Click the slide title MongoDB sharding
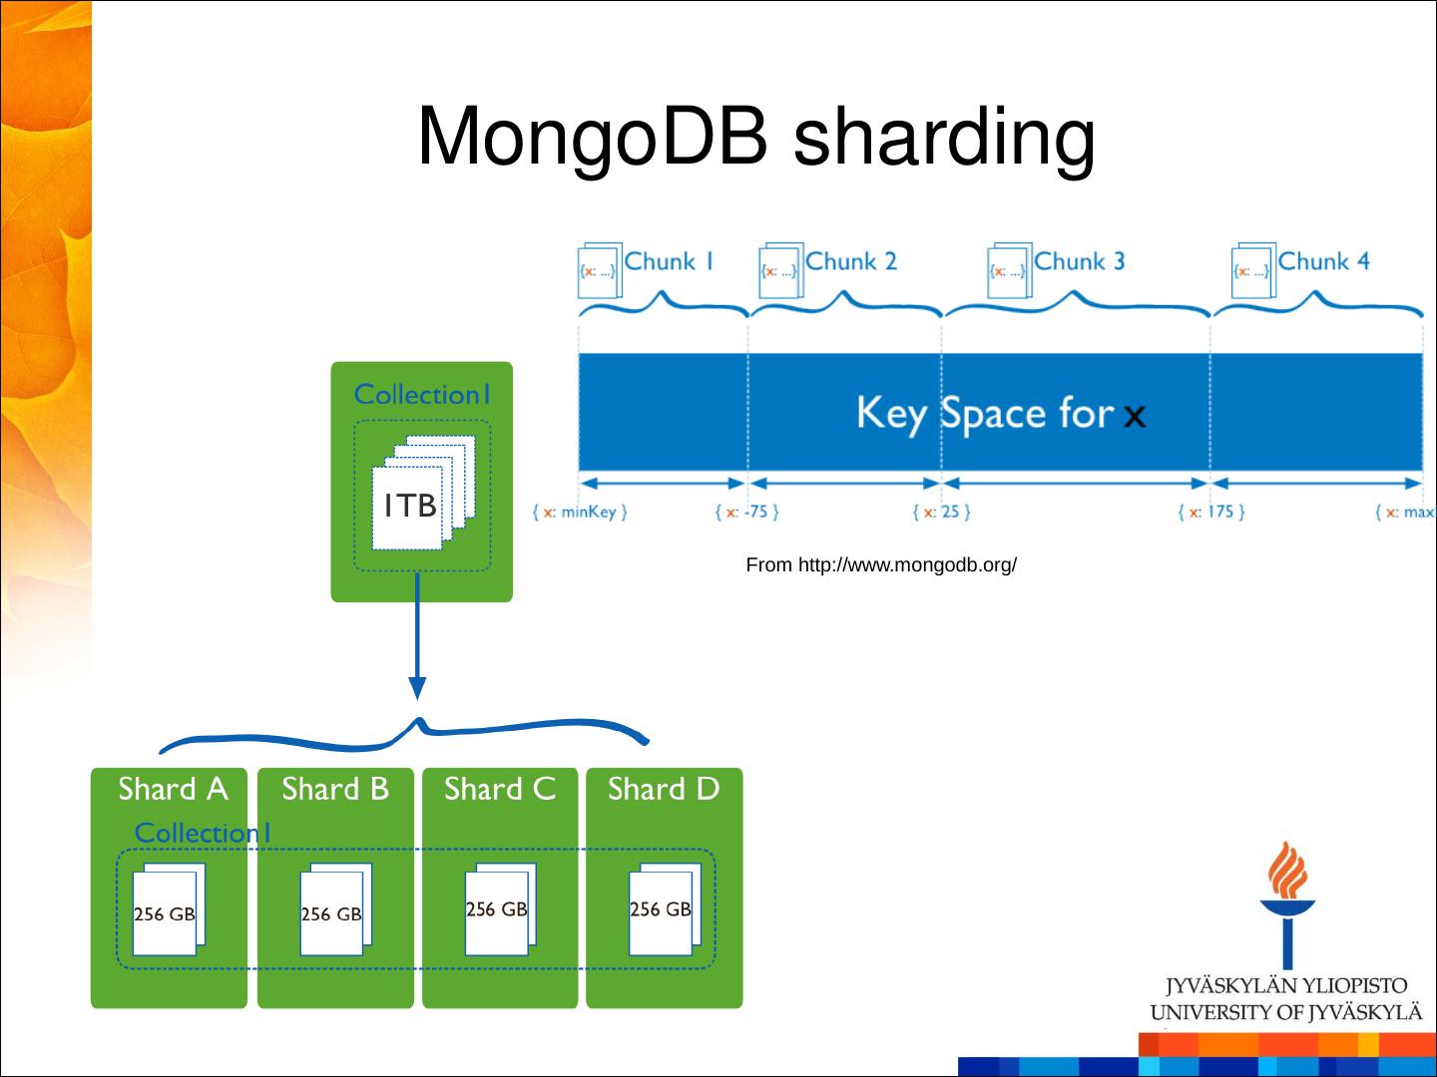(755, 137)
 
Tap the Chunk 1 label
(669, 261)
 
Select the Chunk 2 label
(850, 261)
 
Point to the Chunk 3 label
(1079, 261)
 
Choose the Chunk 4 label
(1323, 261)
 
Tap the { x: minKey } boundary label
(580, 513)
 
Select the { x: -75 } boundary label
(746, 513)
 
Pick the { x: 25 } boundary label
(941, 513)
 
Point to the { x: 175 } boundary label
(1210, 513)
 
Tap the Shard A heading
(173, 790)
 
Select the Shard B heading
(335, 790)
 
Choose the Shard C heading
(499, 790)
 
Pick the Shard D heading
(664, 790)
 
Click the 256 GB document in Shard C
(497, 909)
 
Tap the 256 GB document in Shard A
(165, 913)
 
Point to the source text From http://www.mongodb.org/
(881, 565)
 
